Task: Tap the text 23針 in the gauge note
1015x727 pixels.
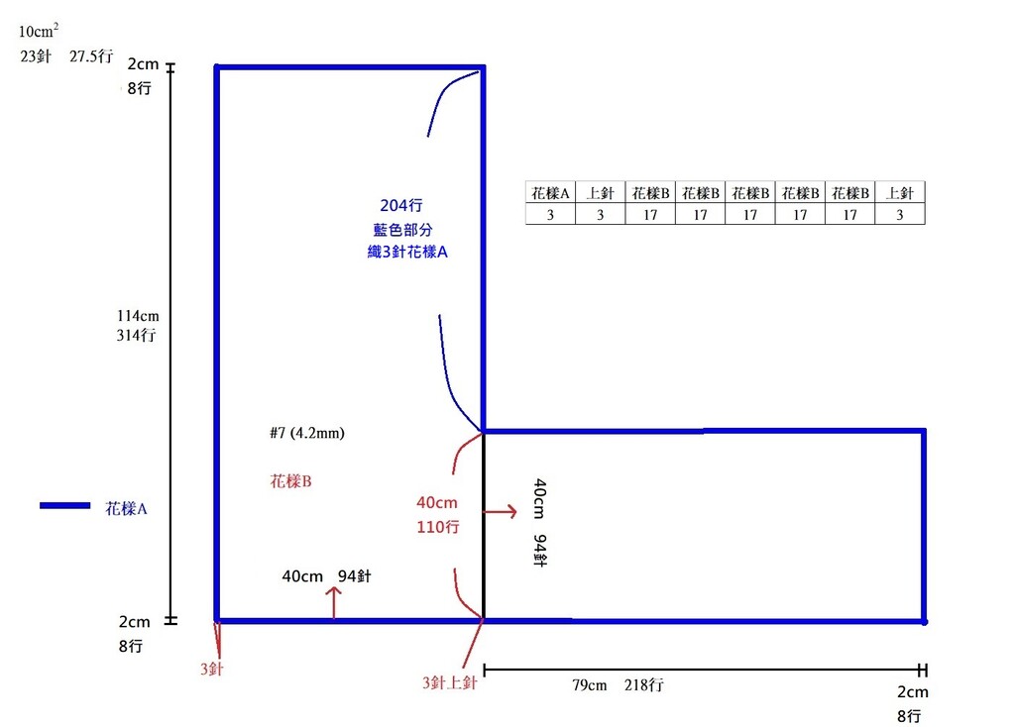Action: point(37,56)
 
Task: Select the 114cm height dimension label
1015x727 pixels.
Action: point(138,316)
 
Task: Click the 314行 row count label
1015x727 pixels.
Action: point(137,335)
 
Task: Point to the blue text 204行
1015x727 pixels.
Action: point(401,206)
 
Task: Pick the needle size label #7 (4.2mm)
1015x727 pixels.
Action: point(306,433)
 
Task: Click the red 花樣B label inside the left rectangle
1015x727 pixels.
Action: point(291,481)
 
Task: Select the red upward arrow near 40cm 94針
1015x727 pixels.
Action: point(334,601)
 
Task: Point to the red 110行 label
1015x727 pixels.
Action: point(437,527)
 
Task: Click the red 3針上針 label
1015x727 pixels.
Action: point(451,682)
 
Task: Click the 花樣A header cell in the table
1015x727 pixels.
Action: point(550,193)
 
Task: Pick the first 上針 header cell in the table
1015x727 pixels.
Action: point(600,193)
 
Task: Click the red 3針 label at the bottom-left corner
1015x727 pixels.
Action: point(211,670)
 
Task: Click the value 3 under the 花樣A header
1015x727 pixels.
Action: point(550,214)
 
